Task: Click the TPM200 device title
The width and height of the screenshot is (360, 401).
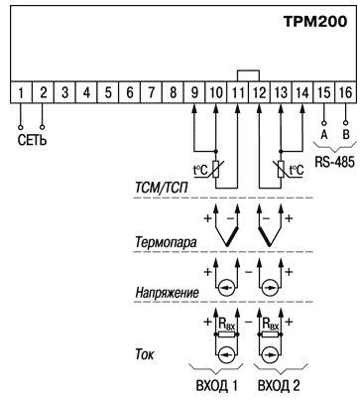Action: (315, 22)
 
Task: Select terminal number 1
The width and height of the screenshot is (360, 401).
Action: (21, 92)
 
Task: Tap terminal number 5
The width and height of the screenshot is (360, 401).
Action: (108, 92)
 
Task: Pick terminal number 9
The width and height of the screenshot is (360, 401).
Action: (194, 92)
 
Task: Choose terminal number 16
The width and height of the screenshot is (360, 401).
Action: (345, 92)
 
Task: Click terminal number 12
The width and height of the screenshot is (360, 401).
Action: (259, 92)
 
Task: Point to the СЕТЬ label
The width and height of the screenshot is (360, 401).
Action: (32, 140)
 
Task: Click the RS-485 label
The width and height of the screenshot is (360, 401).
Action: (334, 162)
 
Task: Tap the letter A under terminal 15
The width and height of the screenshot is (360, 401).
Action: (324, 135)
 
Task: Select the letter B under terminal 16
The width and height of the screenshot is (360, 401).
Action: (346, 135)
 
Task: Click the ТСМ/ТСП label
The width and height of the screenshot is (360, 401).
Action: (162, 189)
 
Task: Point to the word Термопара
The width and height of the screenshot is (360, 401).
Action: (166, 242)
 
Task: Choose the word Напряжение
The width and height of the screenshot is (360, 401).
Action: (168, 293)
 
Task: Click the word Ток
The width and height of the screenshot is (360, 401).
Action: (145, 354)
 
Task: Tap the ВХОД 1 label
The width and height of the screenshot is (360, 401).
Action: (217, 386)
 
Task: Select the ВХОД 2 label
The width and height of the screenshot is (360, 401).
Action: (279, 386)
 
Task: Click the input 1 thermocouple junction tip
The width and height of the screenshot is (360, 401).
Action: (227, 245)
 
